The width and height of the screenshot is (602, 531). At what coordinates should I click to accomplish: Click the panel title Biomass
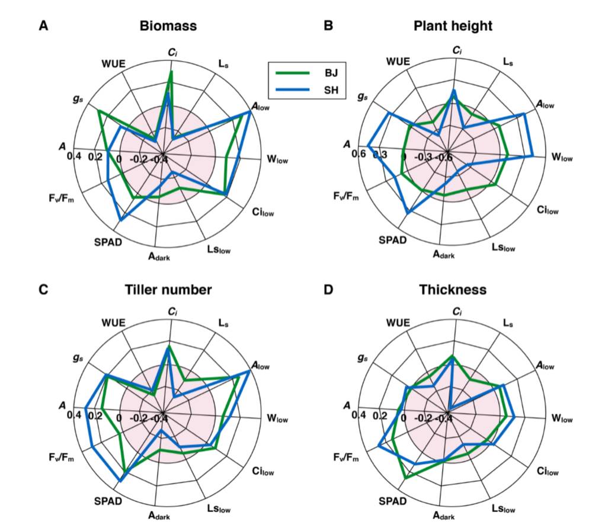(168, 26)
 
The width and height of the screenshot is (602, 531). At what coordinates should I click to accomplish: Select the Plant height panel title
(453, 26)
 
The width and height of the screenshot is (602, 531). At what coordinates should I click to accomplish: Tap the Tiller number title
(168, 290)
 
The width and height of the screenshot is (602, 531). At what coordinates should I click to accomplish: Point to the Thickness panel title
(453, 290)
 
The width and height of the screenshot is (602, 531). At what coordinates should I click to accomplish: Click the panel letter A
(43, 26)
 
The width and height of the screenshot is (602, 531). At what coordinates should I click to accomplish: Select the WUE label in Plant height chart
(398, 61)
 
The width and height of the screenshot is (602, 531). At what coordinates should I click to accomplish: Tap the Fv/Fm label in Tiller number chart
(62, 458)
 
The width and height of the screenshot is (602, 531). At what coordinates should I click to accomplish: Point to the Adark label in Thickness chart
(444, 516)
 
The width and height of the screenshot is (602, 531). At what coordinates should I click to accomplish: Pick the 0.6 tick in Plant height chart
(359, 154)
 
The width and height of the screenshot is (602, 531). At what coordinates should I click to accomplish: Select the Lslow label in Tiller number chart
(219, 508)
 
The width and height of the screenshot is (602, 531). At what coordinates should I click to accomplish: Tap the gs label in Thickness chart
(363, 359)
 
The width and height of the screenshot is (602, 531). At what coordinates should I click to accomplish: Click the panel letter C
(43, 290)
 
